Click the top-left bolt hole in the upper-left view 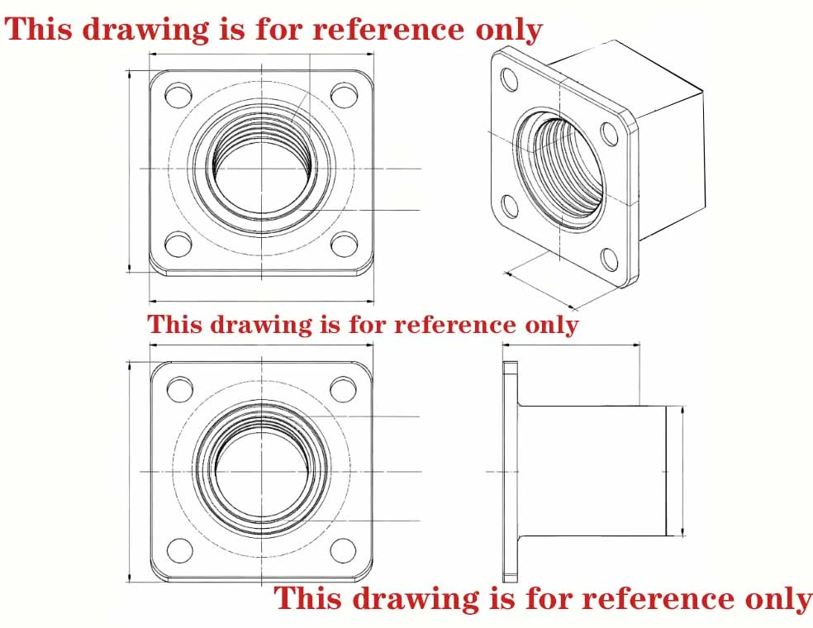(178, 95)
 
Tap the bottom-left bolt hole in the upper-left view (178, 245)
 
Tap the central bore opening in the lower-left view (263, 471)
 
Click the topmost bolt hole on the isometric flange (510, 78)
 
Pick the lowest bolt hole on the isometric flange (610, 260)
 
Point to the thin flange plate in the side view (511, 471)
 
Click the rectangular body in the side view (592, 471)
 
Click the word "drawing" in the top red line (147, 30)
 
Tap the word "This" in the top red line (38, 29)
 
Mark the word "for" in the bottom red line (549, 598)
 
